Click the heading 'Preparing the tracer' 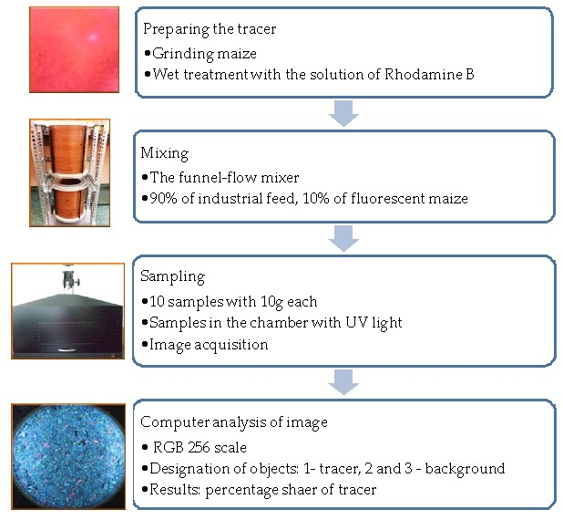(210, 29)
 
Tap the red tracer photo (74, 49)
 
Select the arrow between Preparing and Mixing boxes (343, 113)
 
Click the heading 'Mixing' (165, 153)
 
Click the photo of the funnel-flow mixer (69, 172)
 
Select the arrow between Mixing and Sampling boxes (343, 238)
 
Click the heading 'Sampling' (172, 276)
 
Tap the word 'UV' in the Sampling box (357, 322)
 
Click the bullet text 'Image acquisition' (209, 345)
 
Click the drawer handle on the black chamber (67, 349)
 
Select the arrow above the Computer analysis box (343, 382)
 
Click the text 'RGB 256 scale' (200, 447)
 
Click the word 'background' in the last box (465, 469)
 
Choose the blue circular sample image (68, 457)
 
